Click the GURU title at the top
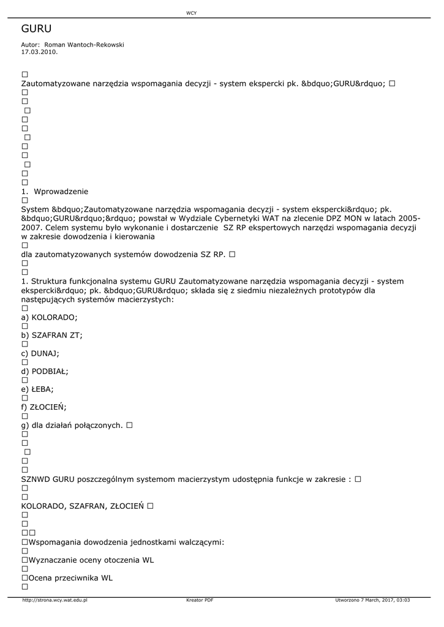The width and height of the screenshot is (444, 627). [x=36, y=29]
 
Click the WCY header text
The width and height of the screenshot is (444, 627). [x=191, y=13]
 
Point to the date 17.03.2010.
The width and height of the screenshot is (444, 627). [x=39, y=52]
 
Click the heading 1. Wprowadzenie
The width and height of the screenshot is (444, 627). [x=55, y=192]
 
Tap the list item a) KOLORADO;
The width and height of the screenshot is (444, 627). [x=49, y=317]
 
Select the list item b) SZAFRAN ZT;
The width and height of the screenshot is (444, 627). [x=51, y=335]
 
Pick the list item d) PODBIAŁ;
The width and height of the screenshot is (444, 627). [x=45, y=371]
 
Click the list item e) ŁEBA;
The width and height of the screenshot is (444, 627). [x=37, y=389]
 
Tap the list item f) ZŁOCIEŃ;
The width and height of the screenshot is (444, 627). [x=43, y=407]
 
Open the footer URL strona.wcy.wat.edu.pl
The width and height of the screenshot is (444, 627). [x=55, y=600]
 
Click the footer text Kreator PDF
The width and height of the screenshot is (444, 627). [x=200, y=600]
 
